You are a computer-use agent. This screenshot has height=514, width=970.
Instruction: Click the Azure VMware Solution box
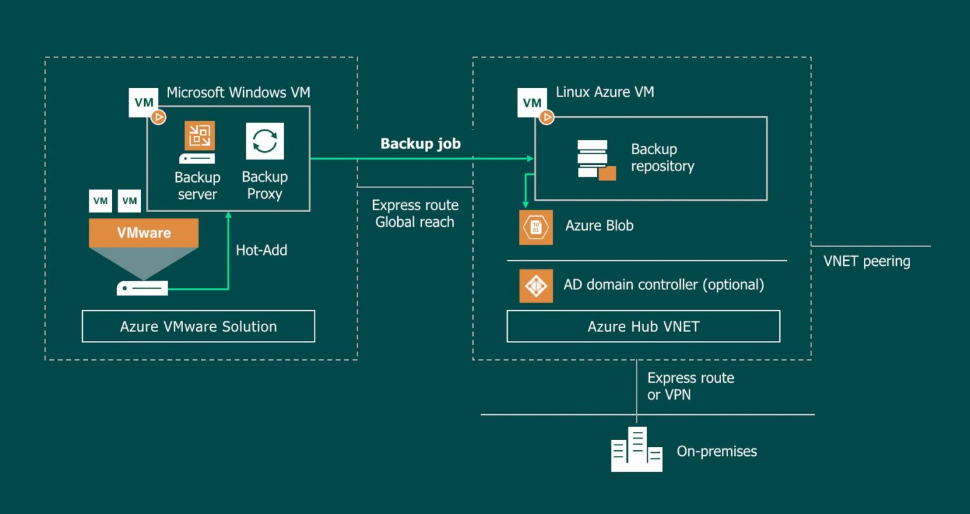coord(198,326)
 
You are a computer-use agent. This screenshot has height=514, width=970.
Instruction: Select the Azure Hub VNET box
coord(643,326)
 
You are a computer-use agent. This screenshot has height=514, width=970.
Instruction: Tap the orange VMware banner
coord(144,233)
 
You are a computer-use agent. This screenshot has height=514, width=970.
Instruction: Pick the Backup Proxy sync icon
coord(265,141)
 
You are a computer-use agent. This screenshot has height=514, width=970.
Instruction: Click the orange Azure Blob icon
coord(536,227)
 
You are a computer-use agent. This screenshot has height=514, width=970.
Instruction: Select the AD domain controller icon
coord(536,286)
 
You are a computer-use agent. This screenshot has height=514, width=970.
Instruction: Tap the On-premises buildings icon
coord(637,450)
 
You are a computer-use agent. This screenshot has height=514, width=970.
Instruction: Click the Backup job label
coord(421,144)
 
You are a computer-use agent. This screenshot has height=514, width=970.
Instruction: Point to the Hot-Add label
coord(261,250)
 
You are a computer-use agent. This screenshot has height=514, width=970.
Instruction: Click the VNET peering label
coord(866,261)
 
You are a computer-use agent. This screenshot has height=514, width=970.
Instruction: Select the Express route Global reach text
coord(415,213)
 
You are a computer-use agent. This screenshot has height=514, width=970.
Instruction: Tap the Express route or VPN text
coord(690,386)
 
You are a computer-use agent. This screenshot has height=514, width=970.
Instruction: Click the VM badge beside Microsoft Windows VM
coord(144,103)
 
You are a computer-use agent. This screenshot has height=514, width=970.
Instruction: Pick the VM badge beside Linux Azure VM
coord(532,103)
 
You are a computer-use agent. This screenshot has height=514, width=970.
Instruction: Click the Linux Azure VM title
coord(604,92)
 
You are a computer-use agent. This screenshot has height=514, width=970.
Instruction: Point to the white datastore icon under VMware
coord(142,288)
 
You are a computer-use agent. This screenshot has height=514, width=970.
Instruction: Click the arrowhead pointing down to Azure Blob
coord(525,204)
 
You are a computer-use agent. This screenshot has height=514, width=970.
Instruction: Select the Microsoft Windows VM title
coord(238,93)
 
